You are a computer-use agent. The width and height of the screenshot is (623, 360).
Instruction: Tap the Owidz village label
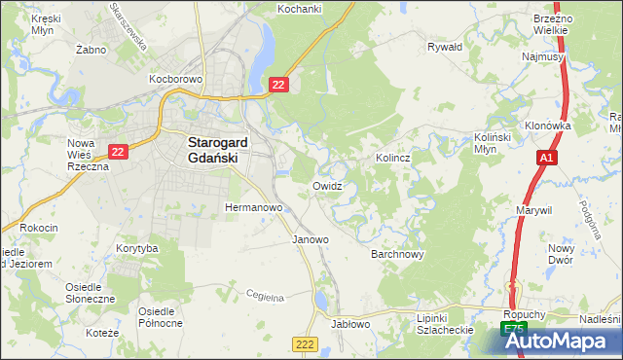[x=327, y=185]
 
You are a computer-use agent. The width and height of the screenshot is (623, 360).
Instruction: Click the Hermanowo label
[x=253, y=208]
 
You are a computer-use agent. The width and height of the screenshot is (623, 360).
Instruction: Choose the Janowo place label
[x=311, y=239]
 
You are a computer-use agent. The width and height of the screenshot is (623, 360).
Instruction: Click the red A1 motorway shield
[x=546, y=157]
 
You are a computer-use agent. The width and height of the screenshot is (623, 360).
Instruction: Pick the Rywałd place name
[x=445, y=46]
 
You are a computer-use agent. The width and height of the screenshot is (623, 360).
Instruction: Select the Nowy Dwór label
[x=588, y=254]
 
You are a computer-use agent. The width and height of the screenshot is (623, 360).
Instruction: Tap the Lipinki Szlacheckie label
[x=445, y=324]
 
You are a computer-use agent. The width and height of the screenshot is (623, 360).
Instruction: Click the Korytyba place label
[x=136, y=249]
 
